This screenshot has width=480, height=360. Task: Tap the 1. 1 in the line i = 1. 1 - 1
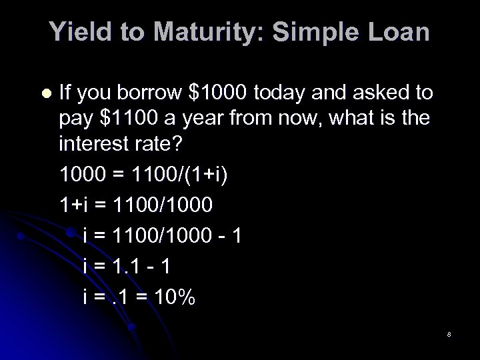[129, 266]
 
